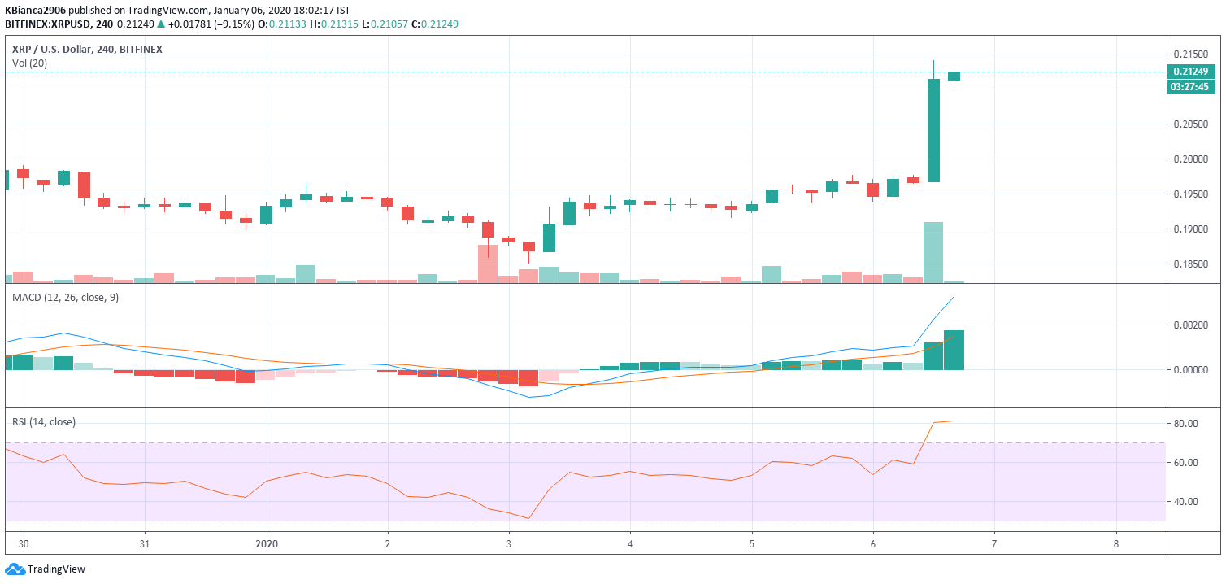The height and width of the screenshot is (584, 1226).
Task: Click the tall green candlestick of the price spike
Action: tap(933, 130)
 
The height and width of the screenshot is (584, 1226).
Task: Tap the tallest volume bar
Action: tap(933, 252)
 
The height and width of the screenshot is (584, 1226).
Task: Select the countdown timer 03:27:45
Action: tap(1191, 86)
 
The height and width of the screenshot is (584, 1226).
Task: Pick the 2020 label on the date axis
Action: tap(267, 543)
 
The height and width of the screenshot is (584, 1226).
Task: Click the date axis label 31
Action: tap(144, 543)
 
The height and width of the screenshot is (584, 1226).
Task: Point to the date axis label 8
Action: tap(1116, 543)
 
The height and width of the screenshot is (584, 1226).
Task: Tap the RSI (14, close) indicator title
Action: tap(43, 421)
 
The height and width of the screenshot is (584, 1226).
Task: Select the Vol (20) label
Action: tap(29, 63)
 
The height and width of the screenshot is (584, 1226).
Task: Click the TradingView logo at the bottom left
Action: tap(46, 569)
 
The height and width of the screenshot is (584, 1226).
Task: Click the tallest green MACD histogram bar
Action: tap(954, 350)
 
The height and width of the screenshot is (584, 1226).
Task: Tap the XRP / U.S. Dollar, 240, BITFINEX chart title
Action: tap(87, 49)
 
